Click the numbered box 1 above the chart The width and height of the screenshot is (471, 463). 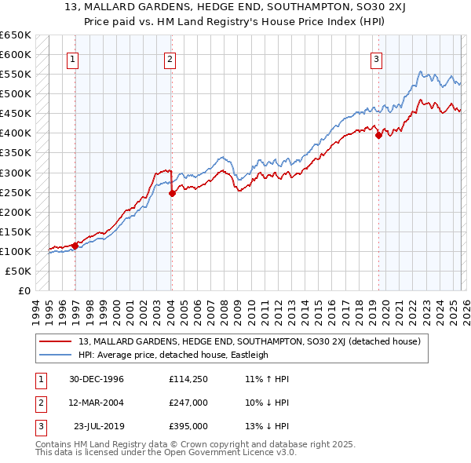tap(72, 59)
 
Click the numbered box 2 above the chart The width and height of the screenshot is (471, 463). tap(170, 59)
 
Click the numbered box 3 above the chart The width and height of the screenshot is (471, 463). tap(376, 59)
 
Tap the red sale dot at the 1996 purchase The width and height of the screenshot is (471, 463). tap(75, 246)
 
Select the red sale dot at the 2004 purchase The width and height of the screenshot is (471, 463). tap(172, 193)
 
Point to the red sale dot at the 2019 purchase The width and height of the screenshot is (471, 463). tap(378, 135)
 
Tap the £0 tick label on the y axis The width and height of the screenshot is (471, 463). tap(24, 290)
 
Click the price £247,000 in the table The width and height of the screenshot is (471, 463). tap(188, 403)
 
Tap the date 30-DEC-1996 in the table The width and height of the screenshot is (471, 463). tap(97, 379)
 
